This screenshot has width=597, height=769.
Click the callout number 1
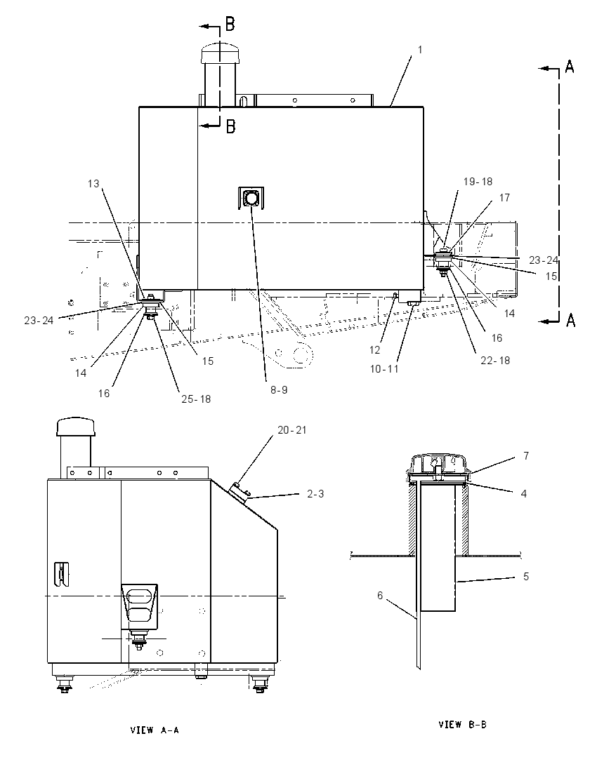coord(420,50)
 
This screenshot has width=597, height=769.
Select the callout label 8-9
coord(279,390)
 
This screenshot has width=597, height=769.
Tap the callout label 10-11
coord(384,369)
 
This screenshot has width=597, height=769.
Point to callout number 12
coord(374,350)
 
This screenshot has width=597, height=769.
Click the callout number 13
coord(93,183)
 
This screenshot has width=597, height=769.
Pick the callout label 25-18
coord(196,399)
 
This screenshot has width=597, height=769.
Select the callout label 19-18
coord(478,182)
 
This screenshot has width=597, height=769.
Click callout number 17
coord(505,198)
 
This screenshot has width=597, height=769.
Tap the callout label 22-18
coord(495,361)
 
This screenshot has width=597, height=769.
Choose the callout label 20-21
coord(292,430)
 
